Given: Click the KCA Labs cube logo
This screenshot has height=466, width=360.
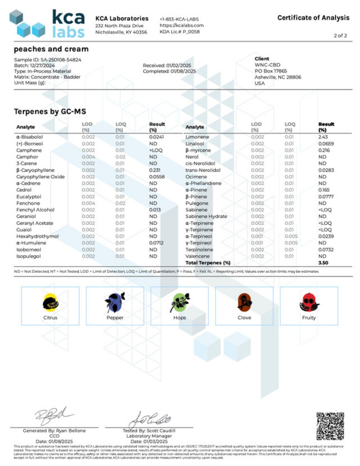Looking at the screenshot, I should coord(27,24).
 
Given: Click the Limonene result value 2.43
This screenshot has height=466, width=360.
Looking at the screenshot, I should coord(323,137).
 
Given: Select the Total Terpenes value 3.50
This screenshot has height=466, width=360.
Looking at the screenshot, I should coord(323,263).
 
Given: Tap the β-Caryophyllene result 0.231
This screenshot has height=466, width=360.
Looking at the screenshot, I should coord(155,170).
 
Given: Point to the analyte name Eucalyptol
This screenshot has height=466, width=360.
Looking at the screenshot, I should coord(29,197).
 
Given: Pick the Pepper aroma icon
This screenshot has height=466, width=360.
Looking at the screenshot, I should coord(115,302).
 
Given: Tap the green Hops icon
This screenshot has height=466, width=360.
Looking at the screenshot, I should coord(180,302).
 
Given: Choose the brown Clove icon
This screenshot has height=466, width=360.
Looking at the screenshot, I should coord(244,302).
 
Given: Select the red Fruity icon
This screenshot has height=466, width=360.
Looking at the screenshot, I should coord(309,302).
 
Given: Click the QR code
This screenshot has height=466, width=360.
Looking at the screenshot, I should coord(330,426).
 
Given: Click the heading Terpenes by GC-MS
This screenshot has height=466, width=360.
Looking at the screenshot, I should coord(50,111).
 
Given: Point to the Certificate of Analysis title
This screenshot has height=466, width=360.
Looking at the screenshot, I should coord(313,18).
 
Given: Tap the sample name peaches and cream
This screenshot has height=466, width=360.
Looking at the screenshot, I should coord(51,49).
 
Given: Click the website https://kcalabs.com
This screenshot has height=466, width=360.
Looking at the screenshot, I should coord(182,25).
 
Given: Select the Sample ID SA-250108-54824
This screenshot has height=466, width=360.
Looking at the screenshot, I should coord(61,60).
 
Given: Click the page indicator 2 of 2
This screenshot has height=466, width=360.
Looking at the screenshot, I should coord(340,36).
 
